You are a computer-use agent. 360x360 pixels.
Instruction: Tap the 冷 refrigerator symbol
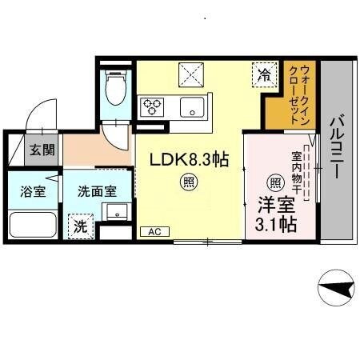(x=263, y=75)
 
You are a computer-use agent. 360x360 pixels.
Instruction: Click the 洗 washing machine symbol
(x=79, y=226)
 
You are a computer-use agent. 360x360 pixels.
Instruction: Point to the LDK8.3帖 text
(x=190, y=159)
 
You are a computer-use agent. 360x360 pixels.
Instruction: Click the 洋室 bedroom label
(x=274, y=204)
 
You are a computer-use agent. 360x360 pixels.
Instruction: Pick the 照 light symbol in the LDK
(x=190, y=182)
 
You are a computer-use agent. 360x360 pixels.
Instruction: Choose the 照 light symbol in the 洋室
(x=275, y=182)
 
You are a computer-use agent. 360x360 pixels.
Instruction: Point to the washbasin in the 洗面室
(x=115, y=212)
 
